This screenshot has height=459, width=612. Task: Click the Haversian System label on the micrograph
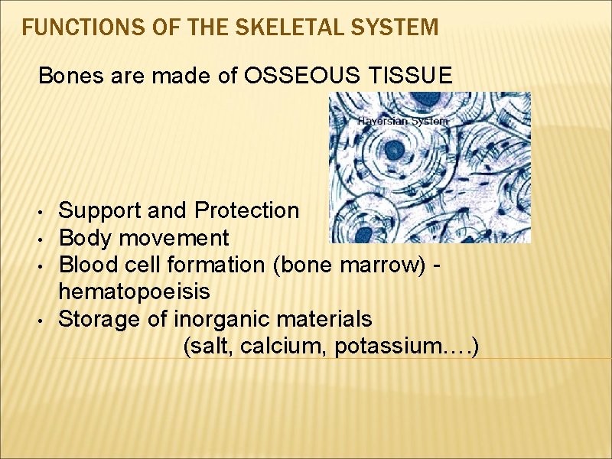(x=402, y=121)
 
